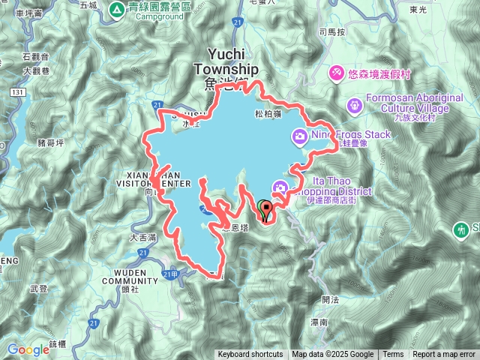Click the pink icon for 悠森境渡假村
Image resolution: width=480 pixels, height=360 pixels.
pyautogui.click(x=337, y=72)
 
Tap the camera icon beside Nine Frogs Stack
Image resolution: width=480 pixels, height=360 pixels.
pyautogui.click(x=299, y=135)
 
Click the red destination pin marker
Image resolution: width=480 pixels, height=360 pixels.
pyautogui.click(x=265, y=210)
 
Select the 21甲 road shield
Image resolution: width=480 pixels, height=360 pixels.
pyautogui.click(x=171, y=274)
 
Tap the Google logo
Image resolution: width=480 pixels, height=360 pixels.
pyautogui.click(x=28, y=349)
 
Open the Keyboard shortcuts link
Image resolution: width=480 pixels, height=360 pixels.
pyautogui.click(x=250, y=355)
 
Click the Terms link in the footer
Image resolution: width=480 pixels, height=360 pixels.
pyautogui.click(x=393, y=355)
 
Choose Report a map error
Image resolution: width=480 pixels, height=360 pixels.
pyautogui.click(x=445, y=355)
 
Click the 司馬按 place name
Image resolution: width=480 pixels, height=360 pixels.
pyautogui.click(x=331, y=32)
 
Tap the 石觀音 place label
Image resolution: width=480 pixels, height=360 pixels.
pyautogui.click(x=35, y=56)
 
